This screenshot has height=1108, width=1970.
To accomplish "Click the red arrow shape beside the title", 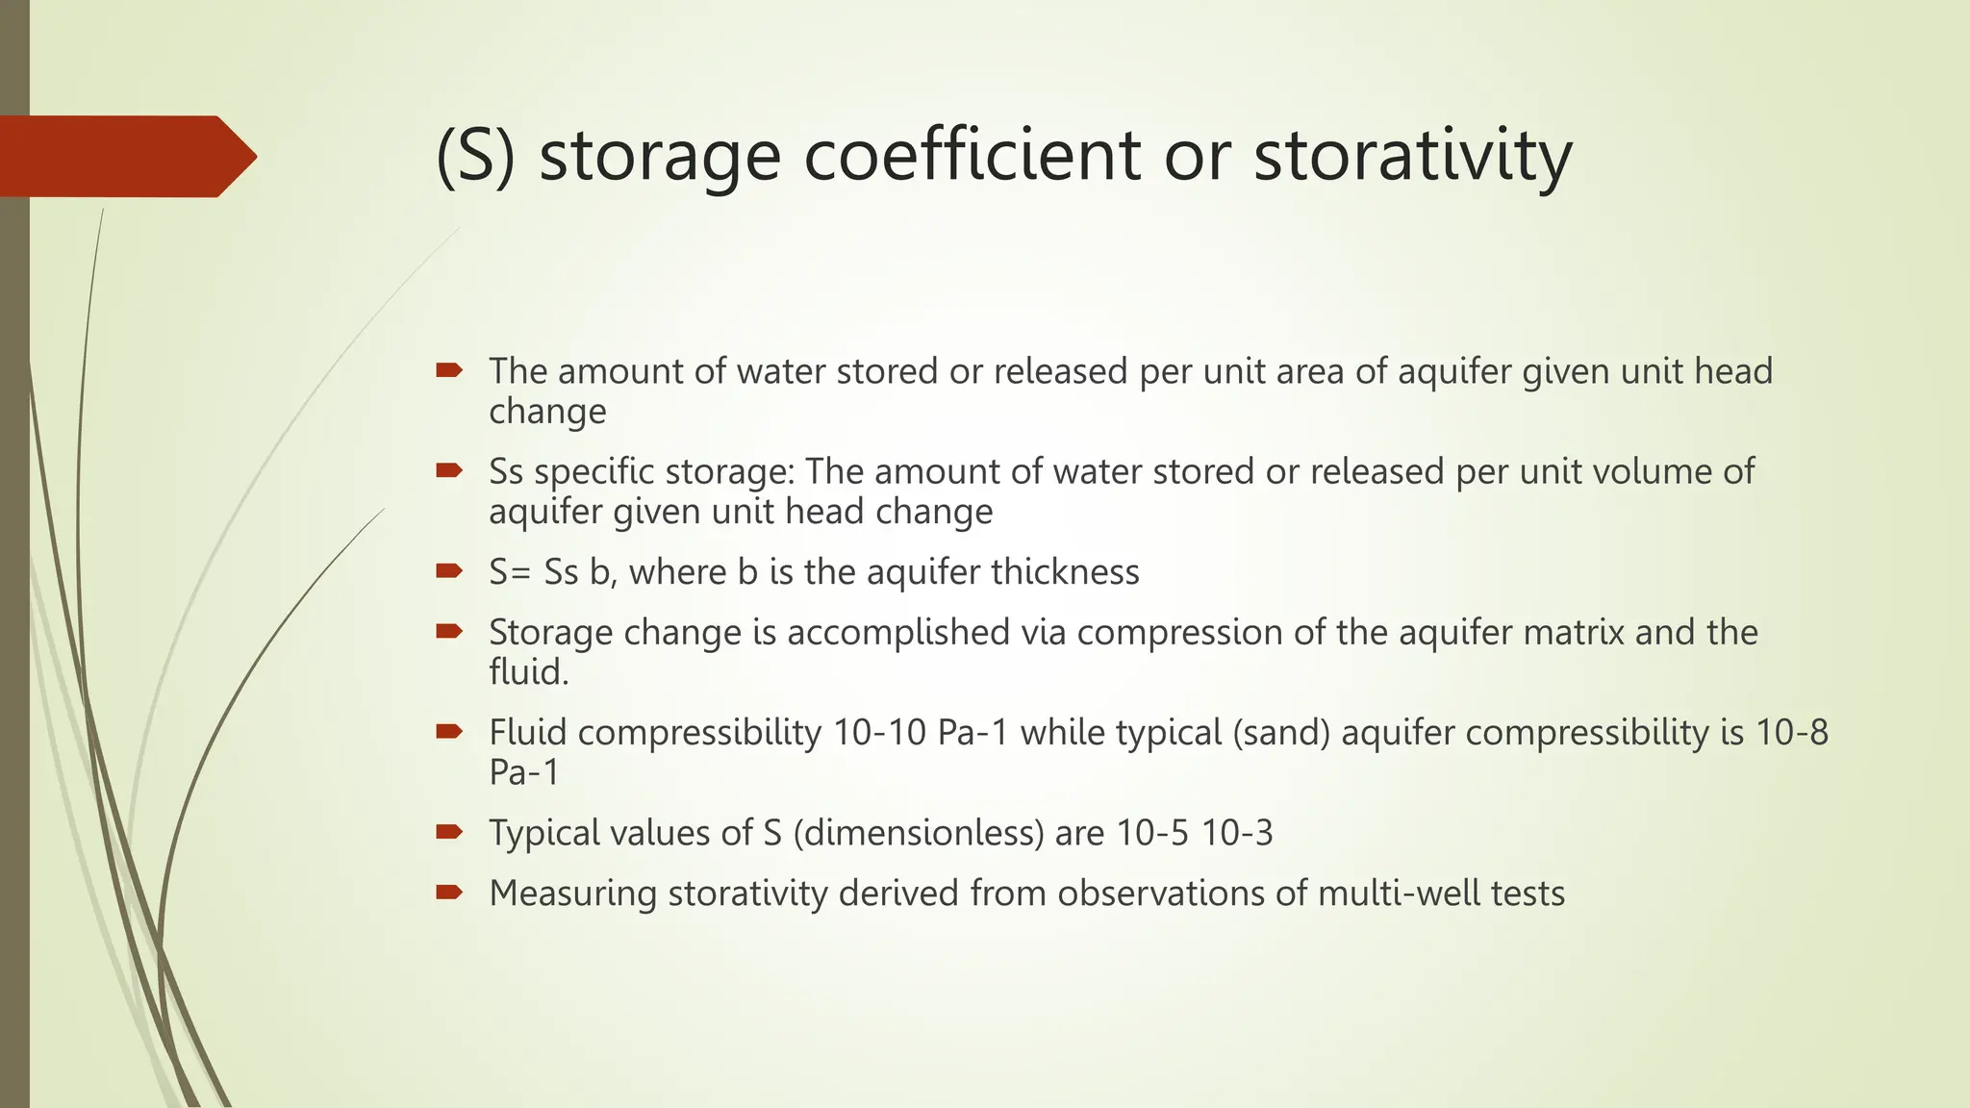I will [x=125, y=157].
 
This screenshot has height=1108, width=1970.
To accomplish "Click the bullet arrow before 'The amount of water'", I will [x=449, y=370].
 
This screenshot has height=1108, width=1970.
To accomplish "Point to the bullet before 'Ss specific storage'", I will [x=449, y=470].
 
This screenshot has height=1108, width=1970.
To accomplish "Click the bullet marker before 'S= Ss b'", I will [x=449, y=571].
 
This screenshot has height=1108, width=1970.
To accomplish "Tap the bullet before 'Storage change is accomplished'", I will [x=449, y=632].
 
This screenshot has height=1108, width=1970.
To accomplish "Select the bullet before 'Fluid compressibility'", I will [x=449, y=732].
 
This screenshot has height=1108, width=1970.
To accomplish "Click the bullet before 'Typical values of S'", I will [x=449, y=832].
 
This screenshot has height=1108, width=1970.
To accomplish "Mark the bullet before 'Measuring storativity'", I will [x=449, y=893].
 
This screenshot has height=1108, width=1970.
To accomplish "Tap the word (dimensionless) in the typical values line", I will [x=918, y=833].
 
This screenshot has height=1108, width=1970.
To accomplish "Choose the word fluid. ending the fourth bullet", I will [x=528, y=672].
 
